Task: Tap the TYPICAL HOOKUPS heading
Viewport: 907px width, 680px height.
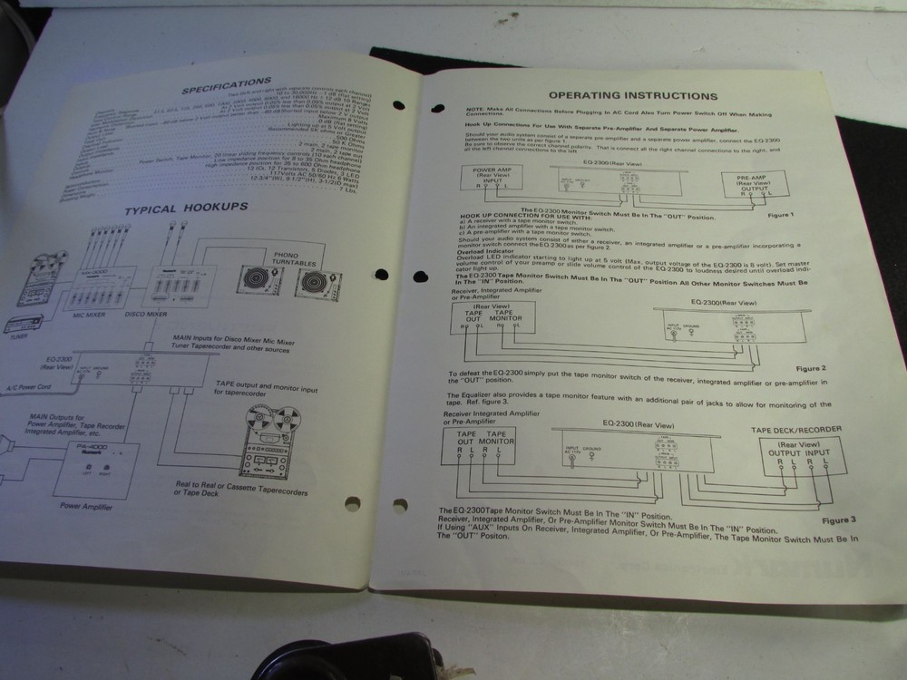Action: pos(186,208)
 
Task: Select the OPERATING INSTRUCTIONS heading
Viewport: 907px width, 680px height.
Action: pos(633,95)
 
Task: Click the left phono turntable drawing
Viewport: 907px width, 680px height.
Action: pos(256,278)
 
